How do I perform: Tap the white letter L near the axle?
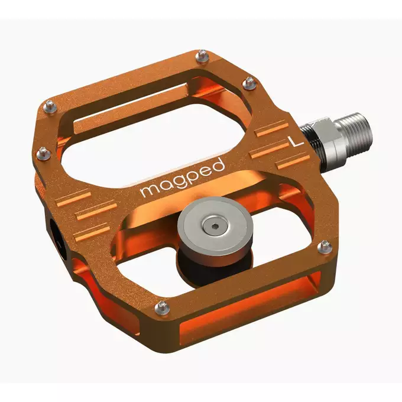294,141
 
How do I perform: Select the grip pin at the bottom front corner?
160,306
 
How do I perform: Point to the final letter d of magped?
218,165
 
